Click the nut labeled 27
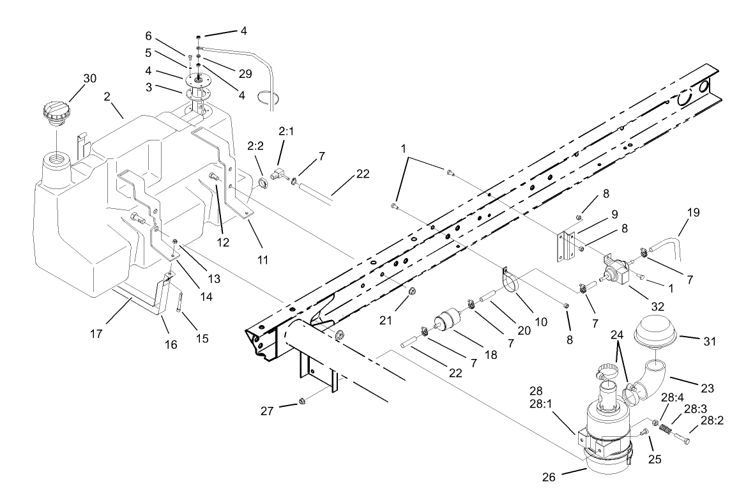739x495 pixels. (303, 402)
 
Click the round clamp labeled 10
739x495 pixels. (512, 284)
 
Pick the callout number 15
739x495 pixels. (201, 338)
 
